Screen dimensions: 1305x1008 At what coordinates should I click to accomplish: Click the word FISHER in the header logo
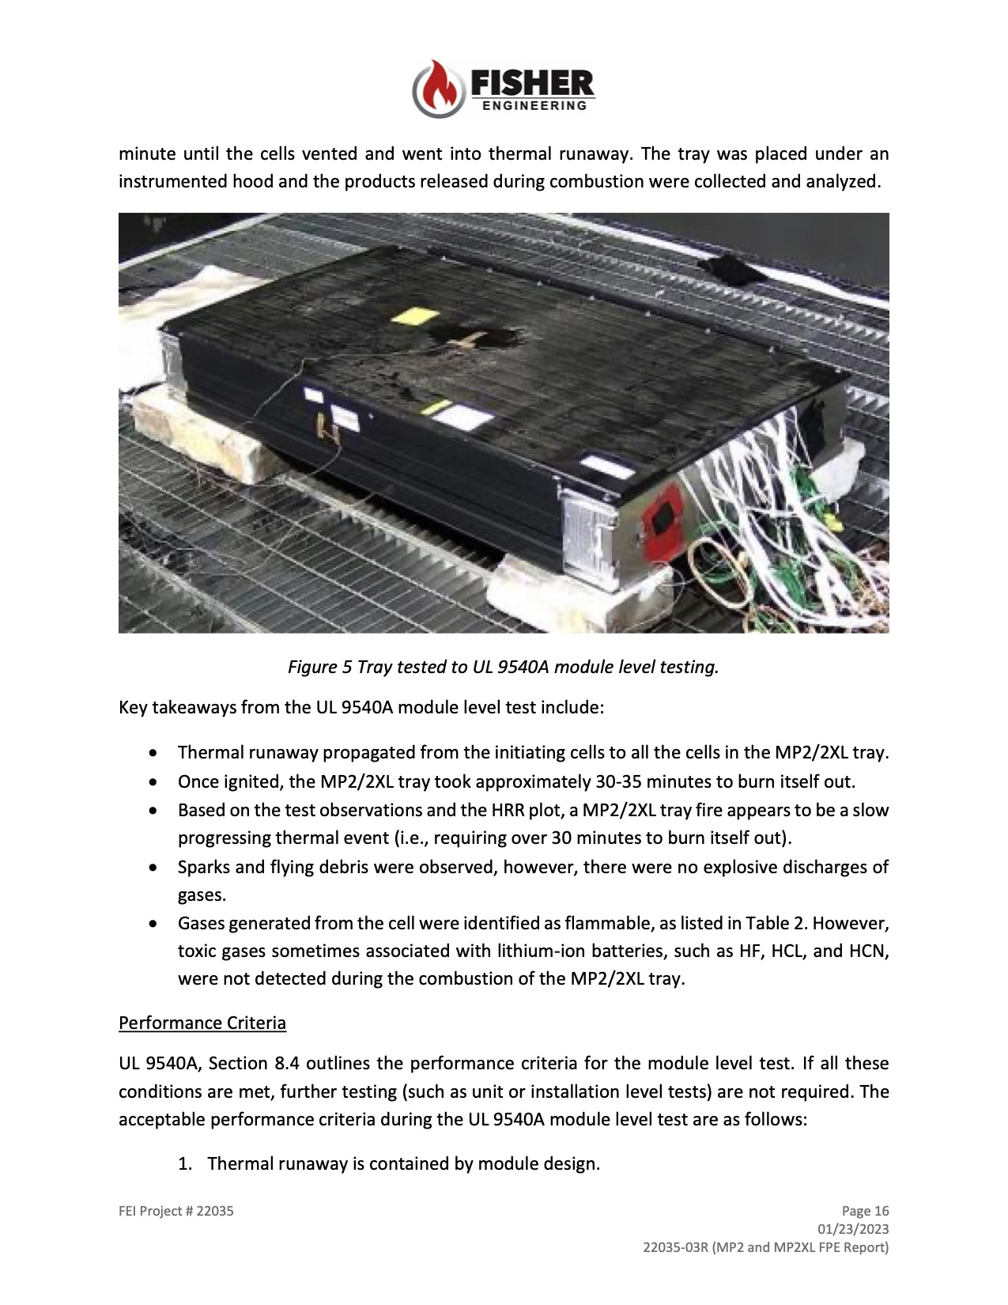coord(532,83)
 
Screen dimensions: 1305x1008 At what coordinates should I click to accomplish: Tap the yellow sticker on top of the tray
coord(416,316)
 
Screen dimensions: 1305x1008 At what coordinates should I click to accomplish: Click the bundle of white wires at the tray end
coord(791,459)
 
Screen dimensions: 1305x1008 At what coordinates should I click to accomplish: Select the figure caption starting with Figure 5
coord(503,667)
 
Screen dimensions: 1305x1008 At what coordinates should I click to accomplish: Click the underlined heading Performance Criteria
coord(202,1023)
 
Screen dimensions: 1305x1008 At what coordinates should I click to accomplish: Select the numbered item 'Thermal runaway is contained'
coord(403,1163)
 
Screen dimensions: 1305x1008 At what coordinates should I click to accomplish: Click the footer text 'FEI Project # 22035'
coord(176,1211)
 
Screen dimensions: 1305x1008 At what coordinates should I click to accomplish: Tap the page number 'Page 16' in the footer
coord(865,1211)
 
